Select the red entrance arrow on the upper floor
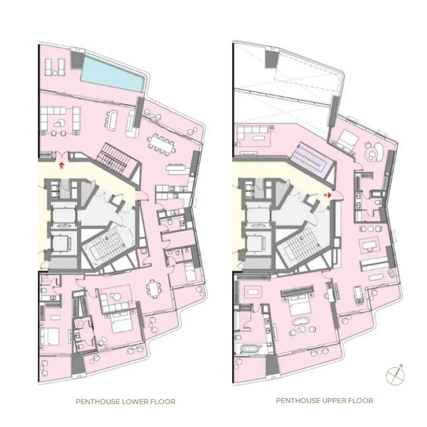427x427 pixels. [330, 195]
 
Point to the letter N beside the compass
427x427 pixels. [401, 365]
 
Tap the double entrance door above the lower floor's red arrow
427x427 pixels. [61, 155]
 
